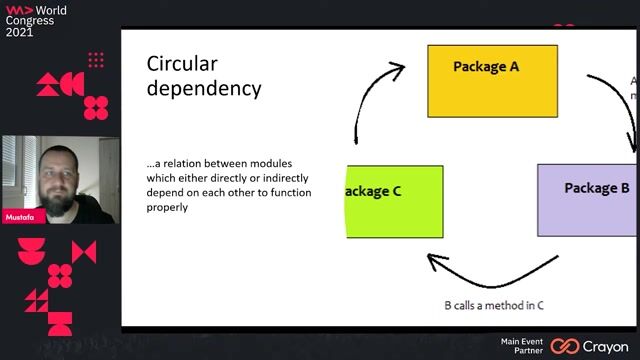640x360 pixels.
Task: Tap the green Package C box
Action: pyautogui.click(x=394, y=201)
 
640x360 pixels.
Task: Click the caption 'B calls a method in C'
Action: pyautogui.click(x=493, y=305)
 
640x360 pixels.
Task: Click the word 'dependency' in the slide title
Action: pyautogui.click(x=204, y=88)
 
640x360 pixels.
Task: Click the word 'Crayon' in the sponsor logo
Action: pyautogui.click(x=605, y=346)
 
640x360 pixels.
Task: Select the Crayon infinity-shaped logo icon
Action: pyautogui.click(x=565, y=346)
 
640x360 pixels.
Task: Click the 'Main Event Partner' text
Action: pyautogui.click(x=522, y=346)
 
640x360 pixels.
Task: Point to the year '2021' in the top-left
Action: pyautogui.click(x=19, y=32)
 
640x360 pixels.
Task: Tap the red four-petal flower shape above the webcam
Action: pyautogui.click(x=96, y=107)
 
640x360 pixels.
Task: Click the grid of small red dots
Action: pyautogui.click(x=96, y=61)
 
